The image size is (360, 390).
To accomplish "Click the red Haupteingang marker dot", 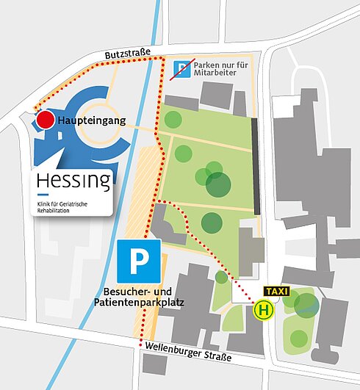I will (x=46, y=120).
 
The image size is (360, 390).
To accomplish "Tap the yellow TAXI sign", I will (x=277, y=292).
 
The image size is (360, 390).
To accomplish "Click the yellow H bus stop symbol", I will (x=262, y=311).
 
